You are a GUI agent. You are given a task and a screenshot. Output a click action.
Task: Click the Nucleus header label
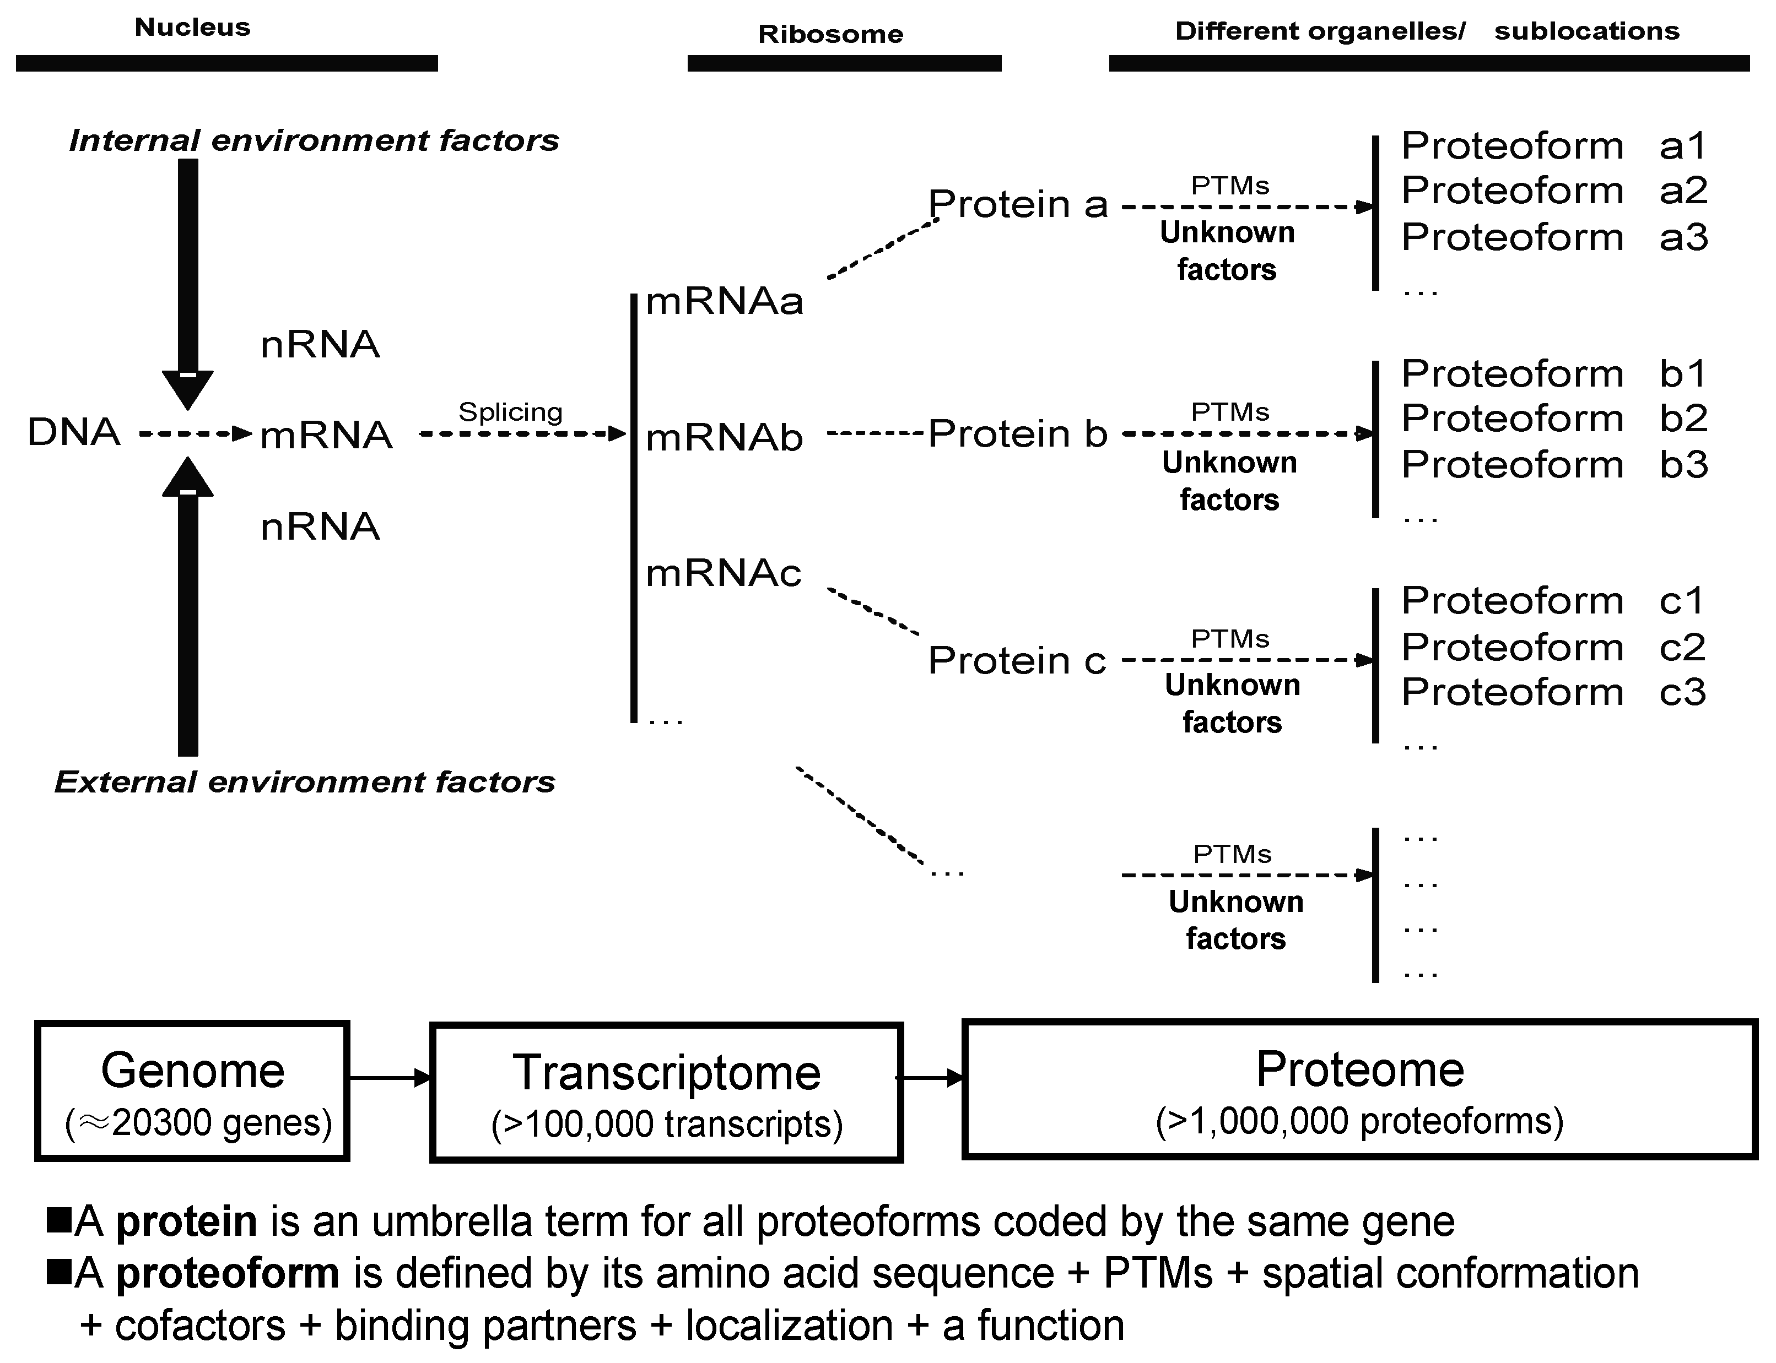tap(192, 27)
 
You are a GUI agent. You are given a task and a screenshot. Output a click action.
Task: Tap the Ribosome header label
tap(830, 34)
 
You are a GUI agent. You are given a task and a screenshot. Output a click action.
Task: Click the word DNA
tap(74, 432)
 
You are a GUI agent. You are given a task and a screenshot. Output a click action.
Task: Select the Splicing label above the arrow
tap(510, 411)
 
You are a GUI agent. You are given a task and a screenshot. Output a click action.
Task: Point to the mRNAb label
tap(724, 438)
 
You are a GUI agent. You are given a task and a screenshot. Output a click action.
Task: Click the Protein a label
tap(1018, 204)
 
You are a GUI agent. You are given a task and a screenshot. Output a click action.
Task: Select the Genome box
tap(192, 1091)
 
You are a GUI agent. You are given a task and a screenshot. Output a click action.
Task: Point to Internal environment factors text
tap(314, 140)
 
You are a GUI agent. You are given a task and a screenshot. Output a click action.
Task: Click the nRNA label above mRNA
tap(320, 345)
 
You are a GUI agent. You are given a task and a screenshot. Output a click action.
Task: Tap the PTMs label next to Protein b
tap(1230, 412)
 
